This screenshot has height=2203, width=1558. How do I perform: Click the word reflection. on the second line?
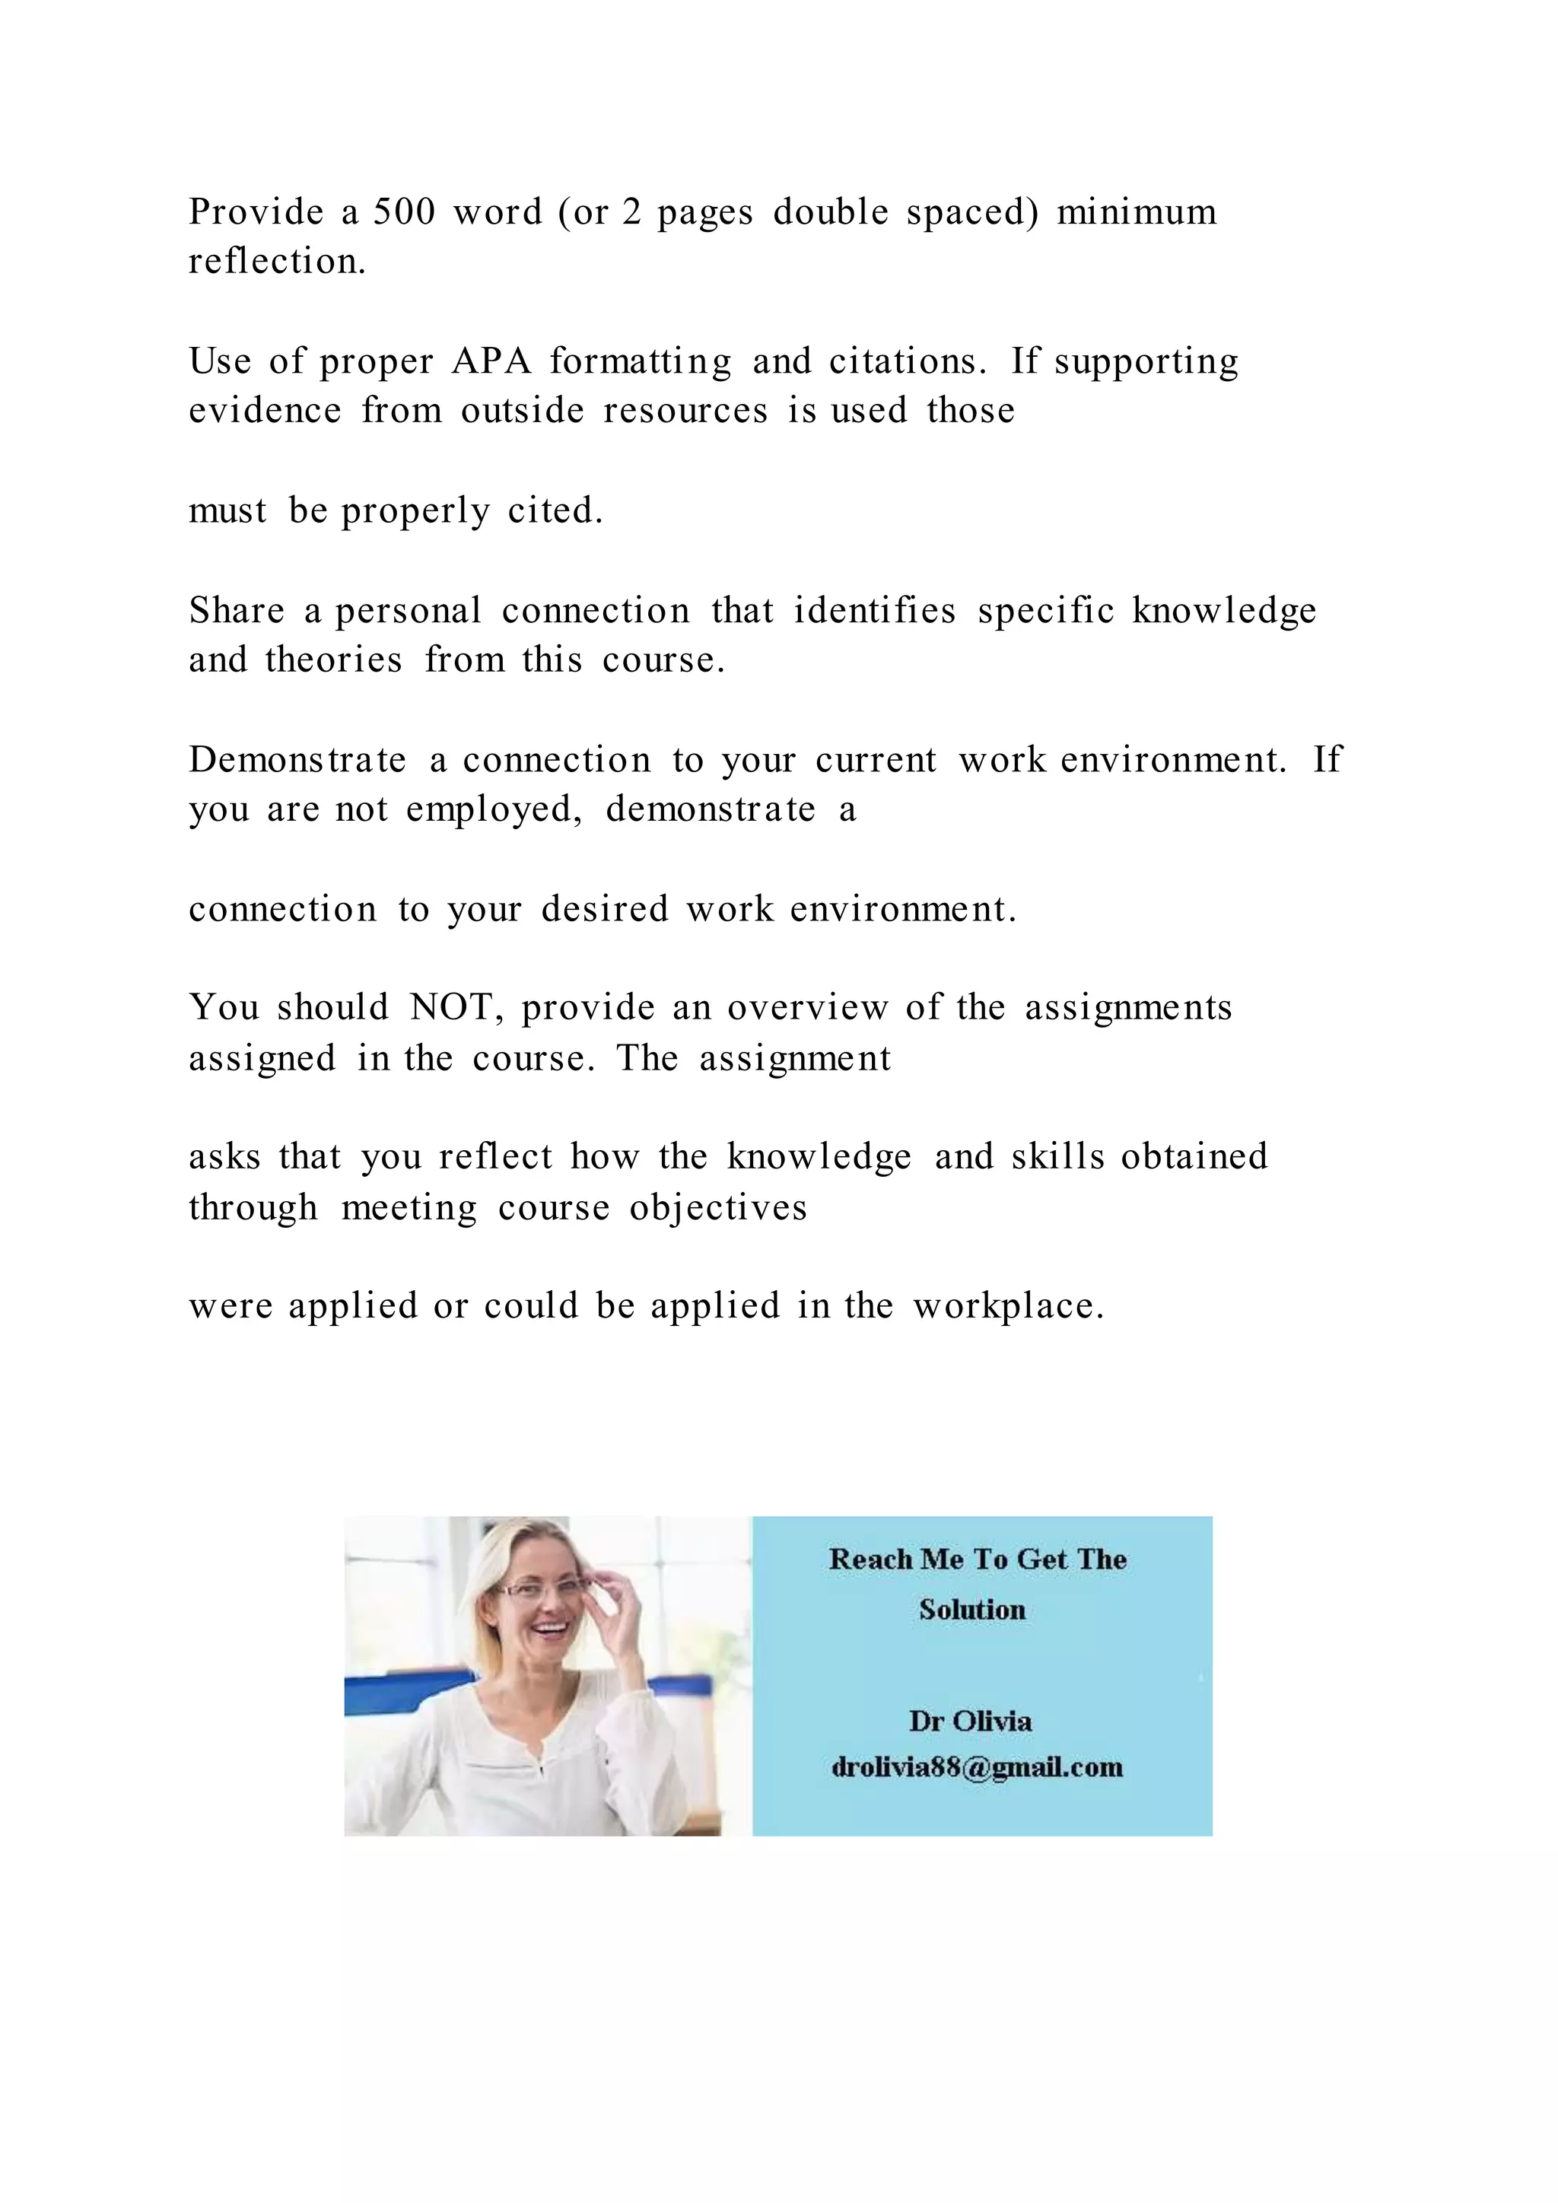(277, 261)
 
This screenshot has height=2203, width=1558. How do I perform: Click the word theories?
(333, 660)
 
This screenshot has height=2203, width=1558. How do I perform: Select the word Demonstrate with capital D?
(297, 760)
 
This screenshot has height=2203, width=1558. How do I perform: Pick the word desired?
(604, 908)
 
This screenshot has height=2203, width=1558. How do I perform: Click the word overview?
(807, 1007)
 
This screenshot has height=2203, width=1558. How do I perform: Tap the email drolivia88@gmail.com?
(977, 1767)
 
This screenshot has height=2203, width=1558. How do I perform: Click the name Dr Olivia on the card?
(971, 1721)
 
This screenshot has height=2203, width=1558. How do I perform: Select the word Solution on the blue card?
(971, 1609)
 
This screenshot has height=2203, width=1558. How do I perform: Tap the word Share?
(236, 610)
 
